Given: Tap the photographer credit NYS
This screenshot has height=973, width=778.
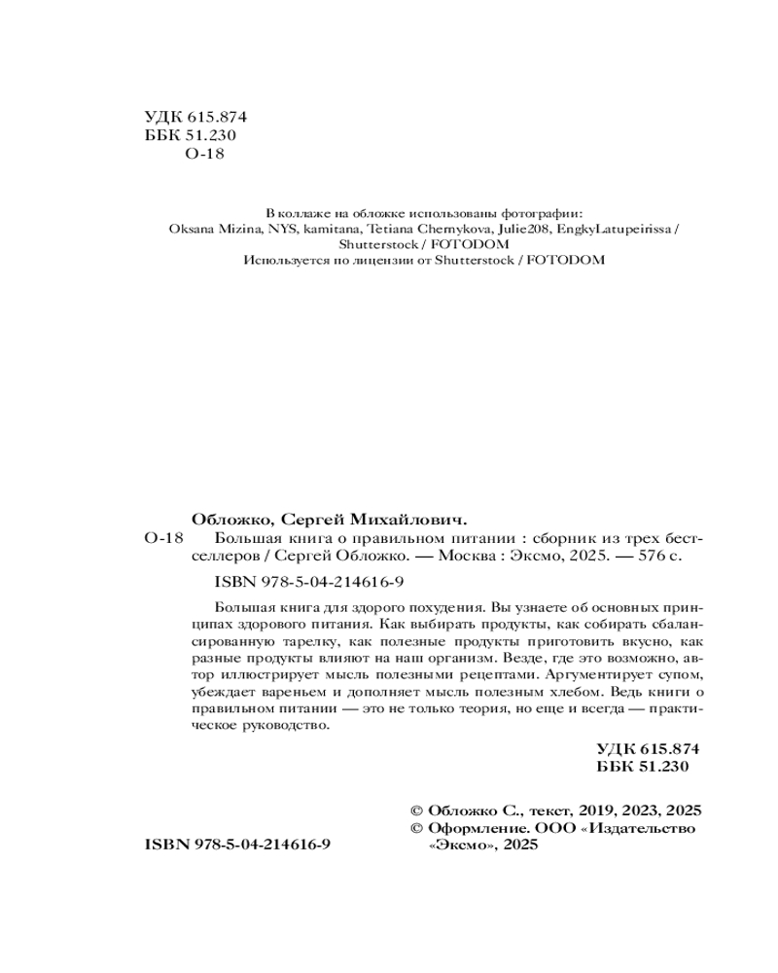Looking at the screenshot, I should (282, 228).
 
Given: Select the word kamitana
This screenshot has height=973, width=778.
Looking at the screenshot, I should (329, 228).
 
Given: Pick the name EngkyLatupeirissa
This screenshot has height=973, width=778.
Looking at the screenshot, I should (616, 228).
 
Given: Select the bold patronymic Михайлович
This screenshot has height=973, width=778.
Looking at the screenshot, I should (410, 518).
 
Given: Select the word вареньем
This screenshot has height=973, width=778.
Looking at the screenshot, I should (292, 692).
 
